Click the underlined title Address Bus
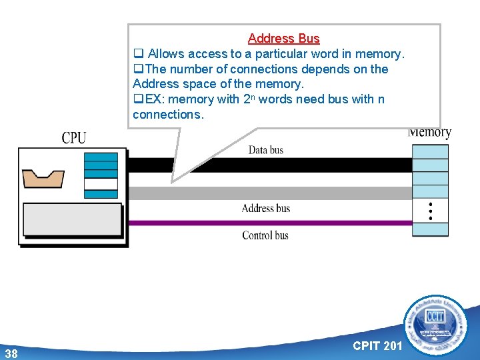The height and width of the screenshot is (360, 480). coord(283,39)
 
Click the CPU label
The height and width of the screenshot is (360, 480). coord(74,138)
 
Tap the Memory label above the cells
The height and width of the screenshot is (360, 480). coord(429,132)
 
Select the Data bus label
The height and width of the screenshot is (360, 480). coord(266,150)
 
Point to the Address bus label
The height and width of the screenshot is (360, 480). coord(266,208)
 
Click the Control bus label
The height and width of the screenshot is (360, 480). coord(265,235)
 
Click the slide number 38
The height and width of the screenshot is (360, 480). coord(11,353)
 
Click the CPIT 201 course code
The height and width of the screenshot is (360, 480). coord(377,345)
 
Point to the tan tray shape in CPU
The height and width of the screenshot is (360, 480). coord(43,179)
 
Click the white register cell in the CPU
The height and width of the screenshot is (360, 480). coord(101,184)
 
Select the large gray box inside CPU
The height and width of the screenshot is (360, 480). coord(73,219)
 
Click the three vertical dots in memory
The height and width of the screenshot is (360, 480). coord(431,211)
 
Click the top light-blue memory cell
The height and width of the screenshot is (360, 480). coord(431,151)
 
